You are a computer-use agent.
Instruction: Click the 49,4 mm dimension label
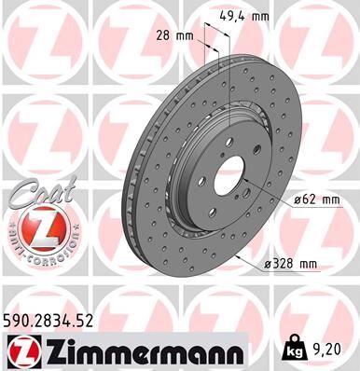[x=245, y=15]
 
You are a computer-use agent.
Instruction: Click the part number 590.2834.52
[x=54, y=322]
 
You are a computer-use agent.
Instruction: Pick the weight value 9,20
[x=327, y=350]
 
